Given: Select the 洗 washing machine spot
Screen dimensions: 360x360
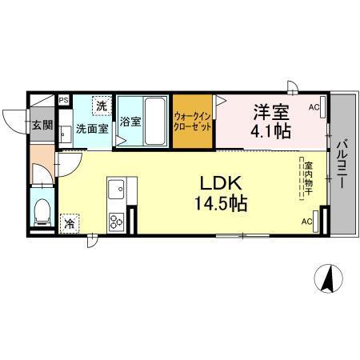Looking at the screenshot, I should click(102, 106).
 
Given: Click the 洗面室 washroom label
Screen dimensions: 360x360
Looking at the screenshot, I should click(92, 128).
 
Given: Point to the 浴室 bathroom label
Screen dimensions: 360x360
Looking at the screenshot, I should click(130, 123).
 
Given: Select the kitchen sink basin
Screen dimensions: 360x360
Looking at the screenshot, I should click(115, 191).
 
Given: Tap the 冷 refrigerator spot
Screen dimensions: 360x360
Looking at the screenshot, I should click(70, 224).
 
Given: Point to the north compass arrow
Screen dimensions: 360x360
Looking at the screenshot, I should click(328, 279).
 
